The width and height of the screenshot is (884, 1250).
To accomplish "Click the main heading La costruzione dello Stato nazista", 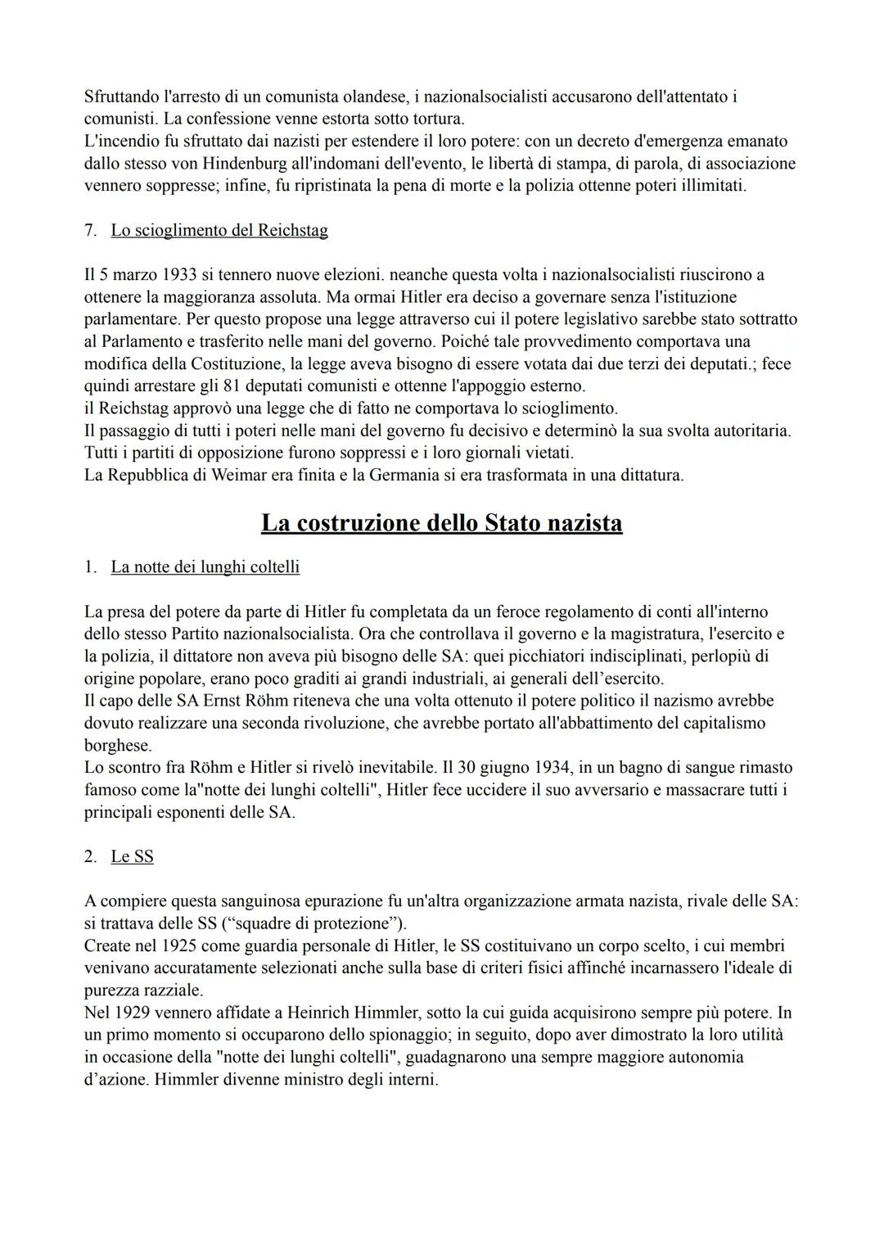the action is click(441, 523).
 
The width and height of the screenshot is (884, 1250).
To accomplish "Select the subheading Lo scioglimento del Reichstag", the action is click(219, 230).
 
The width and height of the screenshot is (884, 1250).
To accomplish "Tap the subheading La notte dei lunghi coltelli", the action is click(205, 566).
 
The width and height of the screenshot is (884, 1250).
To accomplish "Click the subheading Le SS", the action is click(132, 856).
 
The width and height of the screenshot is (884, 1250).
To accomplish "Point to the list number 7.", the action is click(90, 230).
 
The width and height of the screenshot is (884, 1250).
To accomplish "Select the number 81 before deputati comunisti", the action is click(232, 386).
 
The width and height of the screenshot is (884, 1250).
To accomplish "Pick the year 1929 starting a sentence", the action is click(129, 1013).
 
